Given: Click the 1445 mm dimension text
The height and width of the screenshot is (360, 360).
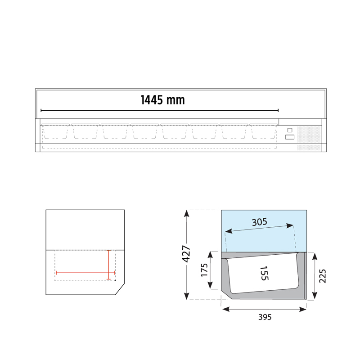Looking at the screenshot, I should tap(162, 100).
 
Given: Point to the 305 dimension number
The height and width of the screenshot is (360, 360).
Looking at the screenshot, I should tap(259, 221).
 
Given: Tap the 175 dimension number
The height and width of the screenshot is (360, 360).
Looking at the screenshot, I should tap(204, 270).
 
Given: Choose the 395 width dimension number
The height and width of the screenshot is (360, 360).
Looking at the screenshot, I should tap(265, 317).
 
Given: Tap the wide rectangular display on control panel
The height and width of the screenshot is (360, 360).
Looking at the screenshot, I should tap(290, 137).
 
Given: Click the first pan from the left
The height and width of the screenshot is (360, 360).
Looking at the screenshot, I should tap(55, 132).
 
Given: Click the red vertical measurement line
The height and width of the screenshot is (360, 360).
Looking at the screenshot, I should tap(108, 265).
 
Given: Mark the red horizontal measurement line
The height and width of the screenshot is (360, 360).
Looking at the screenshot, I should tap(85, 273).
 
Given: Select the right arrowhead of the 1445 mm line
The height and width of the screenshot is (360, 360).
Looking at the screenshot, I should tap(278, 110).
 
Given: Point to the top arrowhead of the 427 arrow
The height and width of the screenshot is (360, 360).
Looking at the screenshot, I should tap(186, 213).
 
